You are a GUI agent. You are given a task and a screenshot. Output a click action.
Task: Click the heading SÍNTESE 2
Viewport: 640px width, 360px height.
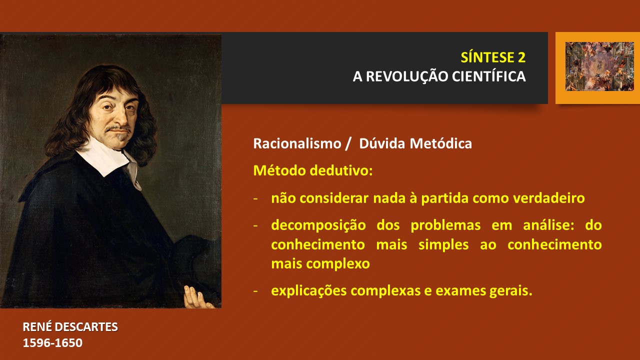pos(493,57)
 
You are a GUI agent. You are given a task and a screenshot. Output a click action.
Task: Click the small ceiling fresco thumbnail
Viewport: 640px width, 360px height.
pos(599,66)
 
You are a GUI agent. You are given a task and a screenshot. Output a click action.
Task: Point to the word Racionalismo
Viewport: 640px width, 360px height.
pos(297,143)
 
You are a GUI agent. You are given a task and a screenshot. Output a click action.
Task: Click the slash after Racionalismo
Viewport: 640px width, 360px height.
pos(347,143)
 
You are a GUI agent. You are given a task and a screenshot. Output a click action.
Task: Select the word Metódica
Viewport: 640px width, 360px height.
pos(441,143)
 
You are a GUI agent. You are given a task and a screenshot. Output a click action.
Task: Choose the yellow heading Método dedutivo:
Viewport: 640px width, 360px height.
pos(313,170)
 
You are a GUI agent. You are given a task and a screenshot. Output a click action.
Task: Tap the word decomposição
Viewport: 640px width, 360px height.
pos(318,225)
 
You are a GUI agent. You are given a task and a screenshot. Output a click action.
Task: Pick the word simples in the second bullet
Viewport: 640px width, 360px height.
pos(443,245)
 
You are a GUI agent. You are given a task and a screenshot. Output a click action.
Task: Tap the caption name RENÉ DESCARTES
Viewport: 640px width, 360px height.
pos(70,327)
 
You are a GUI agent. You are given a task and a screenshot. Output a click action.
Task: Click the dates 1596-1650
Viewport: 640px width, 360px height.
pos(52,343)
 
